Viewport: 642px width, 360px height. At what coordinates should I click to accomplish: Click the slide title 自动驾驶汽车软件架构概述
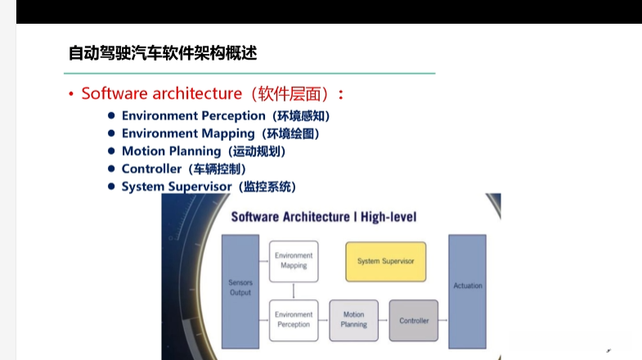point(162,54)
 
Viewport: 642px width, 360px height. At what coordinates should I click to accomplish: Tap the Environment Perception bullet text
point(194,116)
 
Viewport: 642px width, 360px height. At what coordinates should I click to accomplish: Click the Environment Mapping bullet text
point(189,133)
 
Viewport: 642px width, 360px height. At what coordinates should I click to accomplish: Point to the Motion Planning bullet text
point(171,151)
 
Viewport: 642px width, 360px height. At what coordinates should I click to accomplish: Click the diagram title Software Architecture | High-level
point(324,217)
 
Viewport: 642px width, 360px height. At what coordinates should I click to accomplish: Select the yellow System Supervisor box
point(385,261)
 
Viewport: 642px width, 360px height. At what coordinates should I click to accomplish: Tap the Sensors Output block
point(240,288)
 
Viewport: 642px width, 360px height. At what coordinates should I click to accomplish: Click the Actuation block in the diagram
point(467,286)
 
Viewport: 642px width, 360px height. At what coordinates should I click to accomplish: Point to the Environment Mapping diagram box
point(293,260)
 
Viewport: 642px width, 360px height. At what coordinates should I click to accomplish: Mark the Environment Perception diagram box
point(293,319)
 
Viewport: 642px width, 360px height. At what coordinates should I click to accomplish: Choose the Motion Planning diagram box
point(353,319)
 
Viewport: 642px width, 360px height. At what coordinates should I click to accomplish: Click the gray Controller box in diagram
point(413,320)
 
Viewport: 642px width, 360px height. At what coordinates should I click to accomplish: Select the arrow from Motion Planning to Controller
point(384,320)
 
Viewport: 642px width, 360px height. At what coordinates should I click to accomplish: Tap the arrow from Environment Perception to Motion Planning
point(323,320)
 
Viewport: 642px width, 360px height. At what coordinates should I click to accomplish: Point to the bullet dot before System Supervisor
point(111,187)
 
